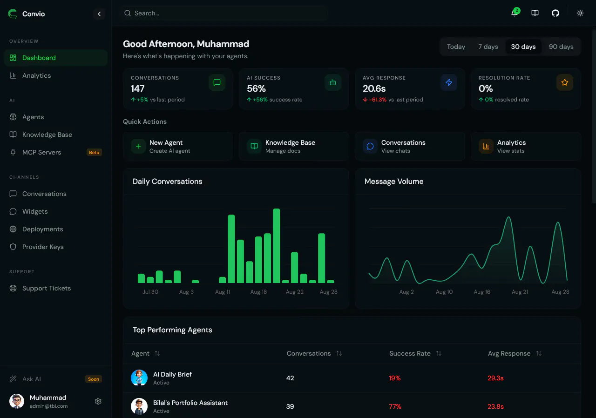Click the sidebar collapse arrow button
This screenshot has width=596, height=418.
pos(99,14)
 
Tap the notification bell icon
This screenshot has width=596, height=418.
pos(515,13)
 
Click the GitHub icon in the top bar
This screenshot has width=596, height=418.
pos(555,13)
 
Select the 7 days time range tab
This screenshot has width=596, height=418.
pos(488,47)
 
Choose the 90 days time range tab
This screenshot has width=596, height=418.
pos(561,47)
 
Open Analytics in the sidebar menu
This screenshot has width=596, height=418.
pos(36,75)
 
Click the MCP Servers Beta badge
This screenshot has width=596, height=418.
pos(94,152)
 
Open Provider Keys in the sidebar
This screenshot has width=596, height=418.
pos(43,247)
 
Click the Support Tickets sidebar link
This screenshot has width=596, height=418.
pos(46,288)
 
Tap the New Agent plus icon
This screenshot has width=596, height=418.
pos(138,146)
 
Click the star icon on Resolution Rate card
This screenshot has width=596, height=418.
pos(565,82)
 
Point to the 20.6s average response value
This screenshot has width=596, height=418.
pos(374,88)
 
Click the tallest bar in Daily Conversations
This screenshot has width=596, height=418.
pos(277,245)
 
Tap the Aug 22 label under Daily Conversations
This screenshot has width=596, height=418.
pos(295,292)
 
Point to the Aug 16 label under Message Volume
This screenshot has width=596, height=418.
pos(482,292)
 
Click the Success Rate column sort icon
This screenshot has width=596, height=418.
pos(439,353)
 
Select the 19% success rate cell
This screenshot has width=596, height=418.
pos(394,378)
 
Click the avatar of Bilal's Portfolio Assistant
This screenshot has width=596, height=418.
pos(139,406)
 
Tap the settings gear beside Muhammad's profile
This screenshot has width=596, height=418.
pos(98,401)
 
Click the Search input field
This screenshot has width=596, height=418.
pos(224,13)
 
